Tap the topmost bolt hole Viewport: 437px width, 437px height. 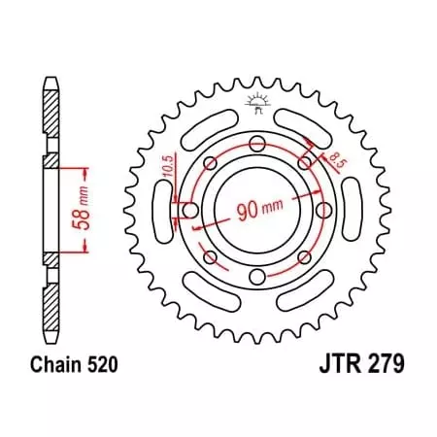click(256, 145)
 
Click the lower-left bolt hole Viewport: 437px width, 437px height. click(210, 257)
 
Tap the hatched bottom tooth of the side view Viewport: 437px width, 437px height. click(51, 311)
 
